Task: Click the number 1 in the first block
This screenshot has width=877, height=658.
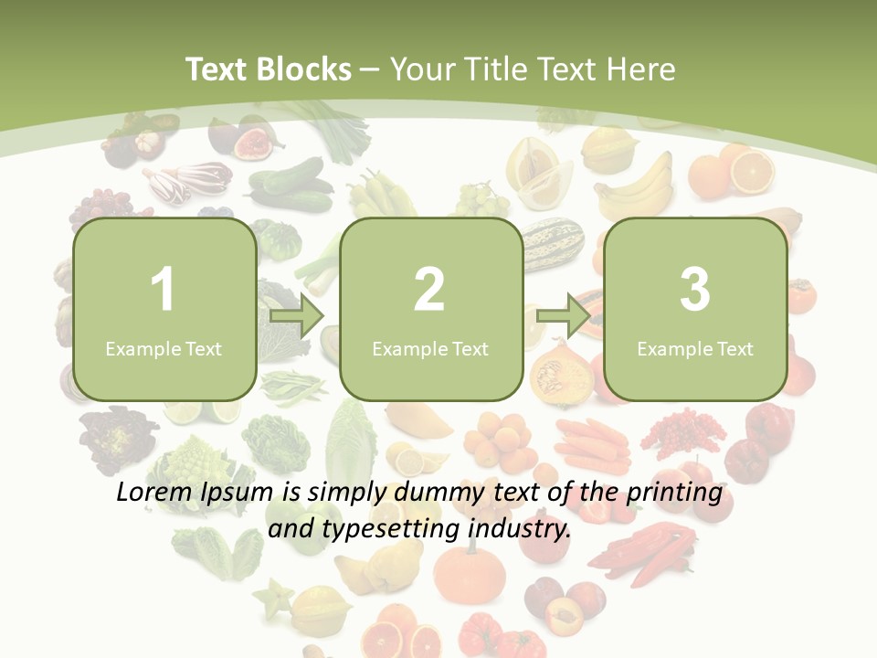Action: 163,290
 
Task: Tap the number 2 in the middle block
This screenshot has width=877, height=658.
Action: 429,290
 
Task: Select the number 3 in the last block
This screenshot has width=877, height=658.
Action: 695,290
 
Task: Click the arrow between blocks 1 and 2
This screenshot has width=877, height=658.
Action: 297,316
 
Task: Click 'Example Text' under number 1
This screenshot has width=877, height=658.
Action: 164,348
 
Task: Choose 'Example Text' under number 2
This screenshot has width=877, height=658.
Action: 430,348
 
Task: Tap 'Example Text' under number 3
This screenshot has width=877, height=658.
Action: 695,348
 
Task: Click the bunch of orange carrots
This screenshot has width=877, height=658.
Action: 592,443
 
